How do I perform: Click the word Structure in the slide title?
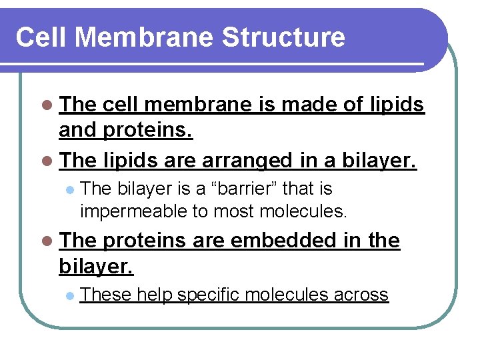[x=284, y=37]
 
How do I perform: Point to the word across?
[x=361, y=294]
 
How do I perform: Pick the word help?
[x=155, y=294]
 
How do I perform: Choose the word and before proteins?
[x=78, y=131]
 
